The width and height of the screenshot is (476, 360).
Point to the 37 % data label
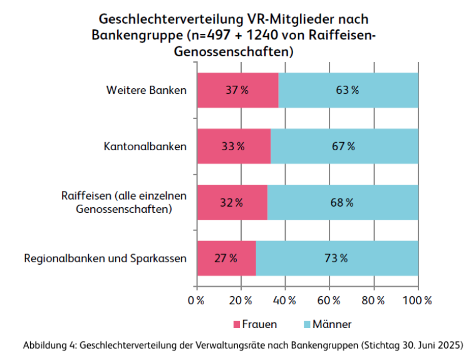(x=237, y=90)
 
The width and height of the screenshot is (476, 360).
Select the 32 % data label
(x=232, y=202)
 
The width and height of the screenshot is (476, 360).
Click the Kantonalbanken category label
(x=145, y=147)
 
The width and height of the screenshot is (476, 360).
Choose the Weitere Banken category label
(x=146, y=90)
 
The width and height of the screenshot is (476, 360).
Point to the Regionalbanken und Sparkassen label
(x=105, y=258)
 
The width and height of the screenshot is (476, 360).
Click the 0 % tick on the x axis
(x=197, y=300)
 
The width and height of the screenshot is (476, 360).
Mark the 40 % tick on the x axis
(x=286, y=300)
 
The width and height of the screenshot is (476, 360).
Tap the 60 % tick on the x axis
(x=329, y=300)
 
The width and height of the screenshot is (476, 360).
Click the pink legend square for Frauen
(x=237, y=324)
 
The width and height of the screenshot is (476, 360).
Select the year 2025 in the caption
(x=450, y=345)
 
